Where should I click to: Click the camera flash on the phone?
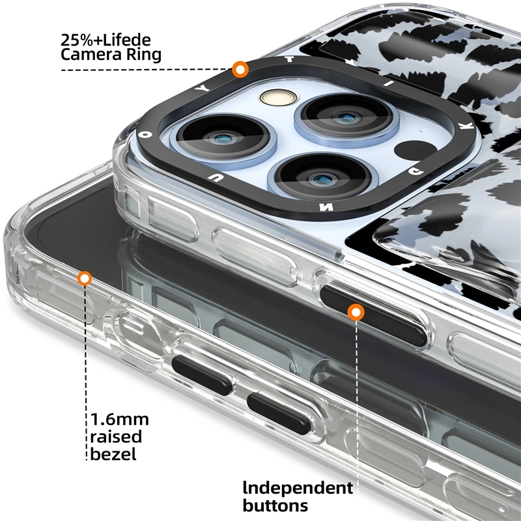tap(279, 98)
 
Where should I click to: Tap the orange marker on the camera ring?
tap(240, 70)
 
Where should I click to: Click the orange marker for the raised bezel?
tap(85, 278)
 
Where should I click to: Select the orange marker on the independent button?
tap(356, 313)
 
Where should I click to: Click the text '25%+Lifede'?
tap(106, 40)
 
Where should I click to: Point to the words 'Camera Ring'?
tap(111, 55)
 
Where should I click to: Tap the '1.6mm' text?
tap(120, 419)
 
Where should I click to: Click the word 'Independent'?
tap(298, 488)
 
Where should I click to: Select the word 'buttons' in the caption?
tap(275, 506)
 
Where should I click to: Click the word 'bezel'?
tap(113, 454)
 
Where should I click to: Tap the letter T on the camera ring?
tap(289, 59)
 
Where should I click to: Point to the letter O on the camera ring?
tap(145, 134)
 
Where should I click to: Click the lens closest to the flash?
tap(346, 117)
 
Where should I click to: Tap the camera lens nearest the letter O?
tap(223, 137)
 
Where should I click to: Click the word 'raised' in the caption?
tap(116, 436)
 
